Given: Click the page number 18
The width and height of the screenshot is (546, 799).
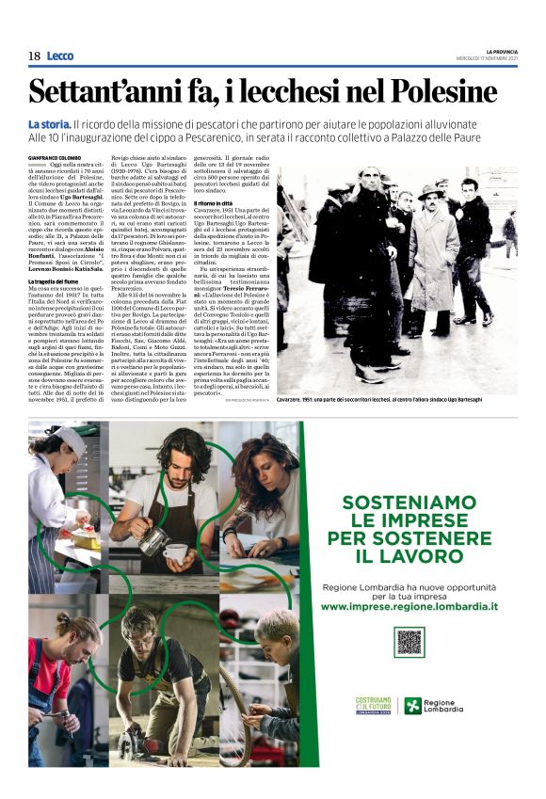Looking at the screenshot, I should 34,56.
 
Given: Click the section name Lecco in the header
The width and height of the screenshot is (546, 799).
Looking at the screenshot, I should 59,56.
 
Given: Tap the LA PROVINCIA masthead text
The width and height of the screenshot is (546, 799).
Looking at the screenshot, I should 501,51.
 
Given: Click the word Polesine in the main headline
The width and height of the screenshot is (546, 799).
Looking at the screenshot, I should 442,91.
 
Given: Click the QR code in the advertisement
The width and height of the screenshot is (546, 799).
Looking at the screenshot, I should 409,642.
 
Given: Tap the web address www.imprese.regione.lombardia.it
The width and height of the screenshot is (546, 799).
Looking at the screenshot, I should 409,607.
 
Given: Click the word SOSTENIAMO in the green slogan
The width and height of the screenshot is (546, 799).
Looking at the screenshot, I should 409,503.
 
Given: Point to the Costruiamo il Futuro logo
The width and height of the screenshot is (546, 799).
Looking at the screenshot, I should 373,705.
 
